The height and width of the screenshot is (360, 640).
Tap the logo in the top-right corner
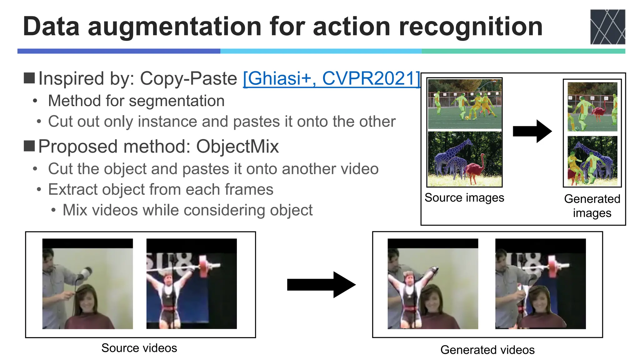coord(607,27)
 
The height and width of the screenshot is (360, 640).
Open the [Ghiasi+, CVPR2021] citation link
coord(331,78)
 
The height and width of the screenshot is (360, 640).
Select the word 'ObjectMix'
coord(237,146)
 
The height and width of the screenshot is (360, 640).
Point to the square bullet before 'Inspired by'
coord(29,78)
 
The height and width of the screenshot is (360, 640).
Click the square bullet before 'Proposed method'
coord(29,146)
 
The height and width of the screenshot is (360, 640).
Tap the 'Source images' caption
coord(464,197)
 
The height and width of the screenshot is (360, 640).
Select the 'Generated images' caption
coord(592,206)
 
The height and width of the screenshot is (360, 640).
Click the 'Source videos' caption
coord(139,348)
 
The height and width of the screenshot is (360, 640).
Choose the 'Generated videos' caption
coord(487,350)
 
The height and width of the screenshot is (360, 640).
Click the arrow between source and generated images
coord(532,131)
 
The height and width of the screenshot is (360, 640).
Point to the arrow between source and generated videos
coord(321,284)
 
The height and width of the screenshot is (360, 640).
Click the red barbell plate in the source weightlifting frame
coord(203,266)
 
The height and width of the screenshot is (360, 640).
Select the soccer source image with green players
coord(465,104)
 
